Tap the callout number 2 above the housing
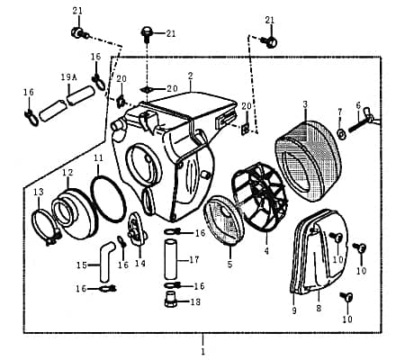click(190, 76)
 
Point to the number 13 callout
click(38, 193)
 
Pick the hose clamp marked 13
click(44, 226)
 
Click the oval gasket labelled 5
click(220, 222)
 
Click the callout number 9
click(293, 310)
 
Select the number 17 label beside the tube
click(193, 261)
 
